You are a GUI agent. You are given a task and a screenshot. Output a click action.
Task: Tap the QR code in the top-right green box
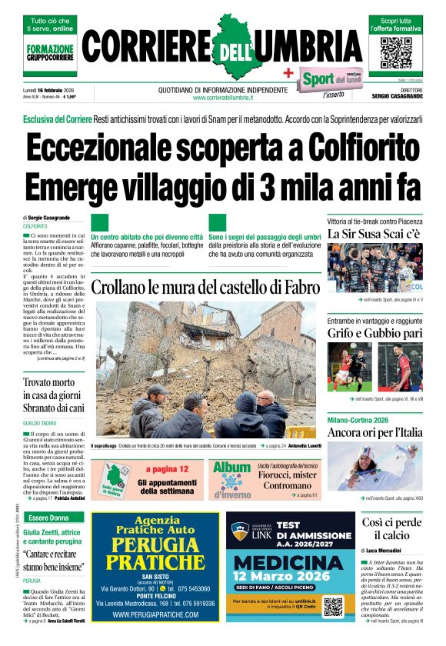[396, 50]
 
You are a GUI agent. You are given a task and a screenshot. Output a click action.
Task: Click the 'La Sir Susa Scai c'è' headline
[374, 233]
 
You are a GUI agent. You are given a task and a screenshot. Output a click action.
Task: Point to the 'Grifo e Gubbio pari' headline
[374, 333]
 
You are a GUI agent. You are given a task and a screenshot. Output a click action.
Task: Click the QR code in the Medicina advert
[333, 606]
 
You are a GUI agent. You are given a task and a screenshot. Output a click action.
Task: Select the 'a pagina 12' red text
[168, 469]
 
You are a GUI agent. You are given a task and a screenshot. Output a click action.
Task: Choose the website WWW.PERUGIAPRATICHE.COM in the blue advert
[155, 615]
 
